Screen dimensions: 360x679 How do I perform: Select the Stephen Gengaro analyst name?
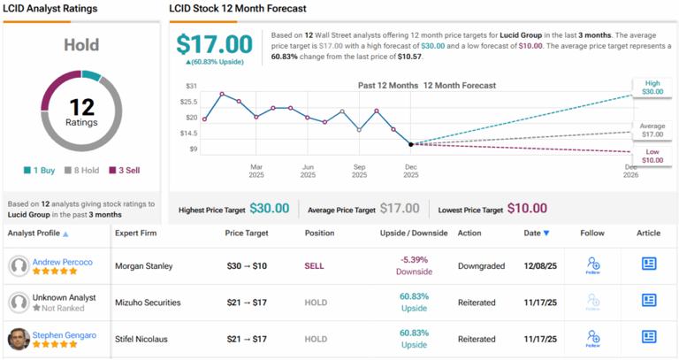(65, 335)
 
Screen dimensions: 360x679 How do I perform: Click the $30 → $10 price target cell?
(248, 264)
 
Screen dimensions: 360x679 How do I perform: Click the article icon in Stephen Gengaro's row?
(649, 336)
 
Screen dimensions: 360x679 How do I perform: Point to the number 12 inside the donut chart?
(81, 105)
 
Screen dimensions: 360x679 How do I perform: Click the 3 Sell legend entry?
(126, 171)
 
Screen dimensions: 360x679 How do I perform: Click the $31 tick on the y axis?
(190, 87)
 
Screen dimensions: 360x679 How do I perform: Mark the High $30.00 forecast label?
(652, 87)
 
